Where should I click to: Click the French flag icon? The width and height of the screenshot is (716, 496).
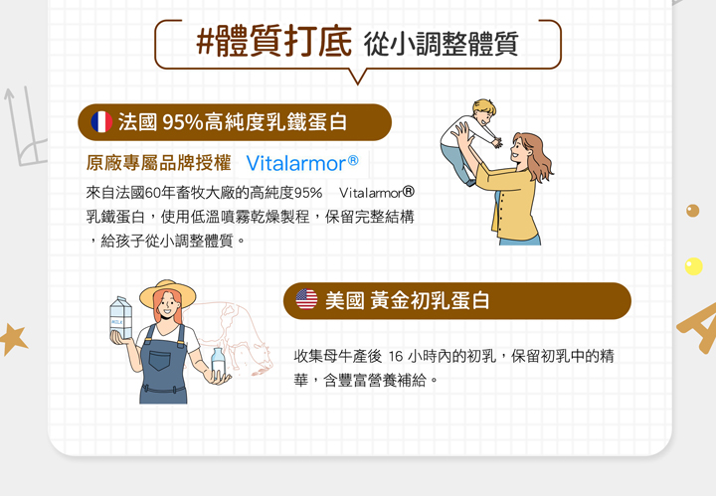click(x=101, y=122)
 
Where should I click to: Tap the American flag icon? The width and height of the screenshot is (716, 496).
click(x=306, y=300)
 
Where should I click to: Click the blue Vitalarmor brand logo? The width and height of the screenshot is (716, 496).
click(x=302, y=163)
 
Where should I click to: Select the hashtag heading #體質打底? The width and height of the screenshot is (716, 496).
click(x=274, y=42)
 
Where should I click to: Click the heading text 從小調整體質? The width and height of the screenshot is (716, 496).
click(x=442, y=45)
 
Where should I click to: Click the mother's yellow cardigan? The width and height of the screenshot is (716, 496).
click(x=508, y=202)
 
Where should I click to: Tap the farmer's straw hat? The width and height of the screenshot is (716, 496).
click(x=168, y=293)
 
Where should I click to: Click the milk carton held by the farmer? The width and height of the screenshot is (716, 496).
click(x=120, y=318)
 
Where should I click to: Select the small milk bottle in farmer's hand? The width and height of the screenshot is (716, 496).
click(x=218, y=362)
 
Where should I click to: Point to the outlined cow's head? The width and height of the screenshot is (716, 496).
click(x=261, y=361)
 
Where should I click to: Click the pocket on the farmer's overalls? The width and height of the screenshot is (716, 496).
click(x=159, y=360)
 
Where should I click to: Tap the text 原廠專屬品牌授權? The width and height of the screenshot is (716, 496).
click(x=158, y=163)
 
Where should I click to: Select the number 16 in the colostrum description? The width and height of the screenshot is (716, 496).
click(x=396, y=356)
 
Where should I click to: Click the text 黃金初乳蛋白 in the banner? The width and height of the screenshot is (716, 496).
click(x=430, y=301)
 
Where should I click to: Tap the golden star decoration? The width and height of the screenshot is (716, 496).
click(x=13, y=339)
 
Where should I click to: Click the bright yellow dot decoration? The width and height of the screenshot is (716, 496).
click(x=693, y=266)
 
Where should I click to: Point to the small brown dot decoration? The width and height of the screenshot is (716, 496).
click(x=692, y=211)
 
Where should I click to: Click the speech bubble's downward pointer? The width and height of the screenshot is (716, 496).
click(x=358, y=78)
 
